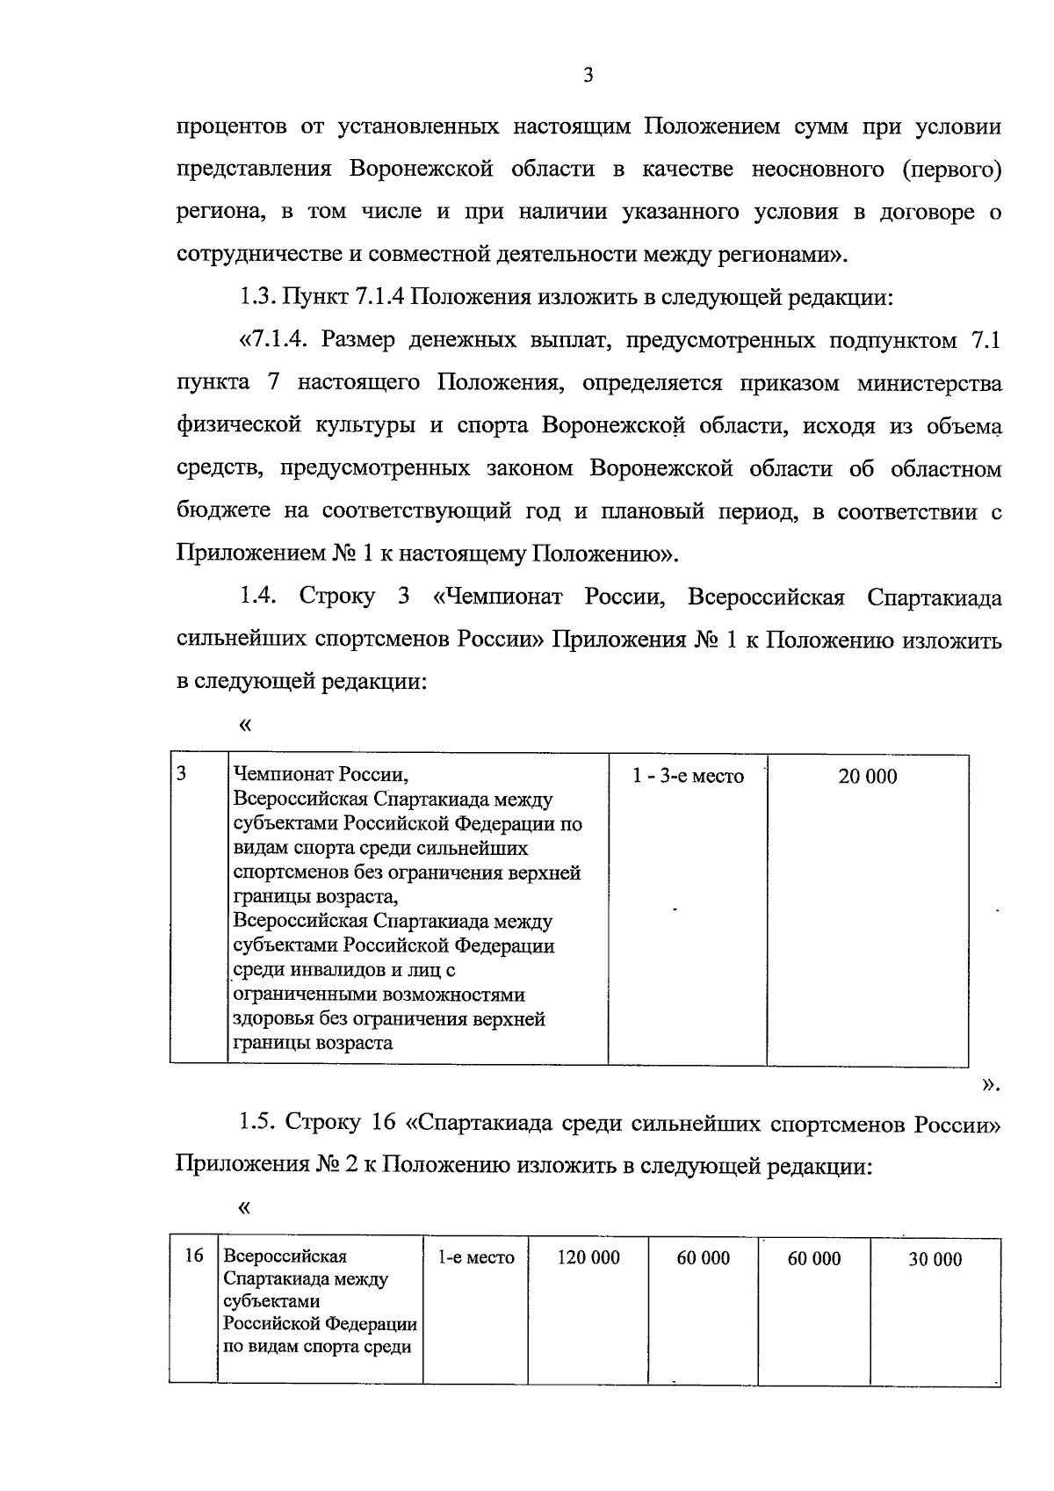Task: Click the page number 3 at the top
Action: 588,76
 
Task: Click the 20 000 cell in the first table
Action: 867,777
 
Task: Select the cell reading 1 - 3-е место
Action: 688,777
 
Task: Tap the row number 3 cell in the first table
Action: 181,774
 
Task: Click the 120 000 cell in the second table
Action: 588,1257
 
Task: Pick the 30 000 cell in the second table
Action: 935,1259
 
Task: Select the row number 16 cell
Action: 193,1256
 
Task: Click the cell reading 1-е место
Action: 476,1257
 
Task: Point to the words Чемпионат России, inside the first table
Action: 321,776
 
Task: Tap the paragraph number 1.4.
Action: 257,597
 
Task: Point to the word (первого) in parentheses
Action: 952,169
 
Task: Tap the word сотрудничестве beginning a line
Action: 255,255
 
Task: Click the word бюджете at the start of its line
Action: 220,511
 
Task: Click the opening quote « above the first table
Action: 244,726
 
